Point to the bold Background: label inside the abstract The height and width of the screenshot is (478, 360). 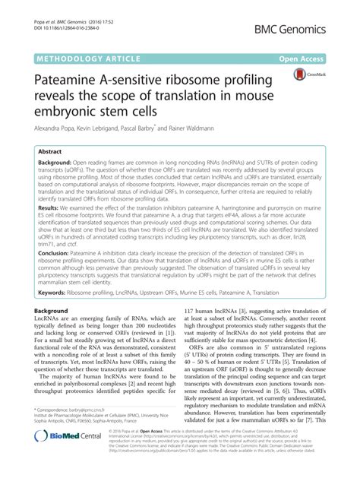[x=59, y=164]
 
